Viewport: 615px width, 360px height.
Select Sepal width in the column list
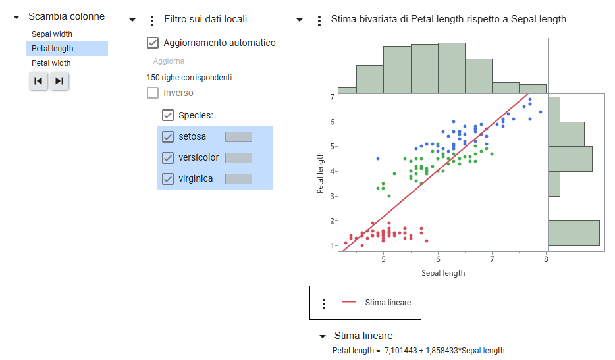point(52,34)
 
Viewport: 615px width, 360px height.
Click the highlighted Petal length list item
point(67,49)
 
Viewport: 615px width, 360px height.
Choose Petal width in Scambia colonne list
point(51,63)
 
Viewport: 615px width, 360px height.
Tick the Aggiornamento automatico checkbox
point(153,43)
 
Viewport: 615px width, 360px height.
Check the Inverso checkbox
point(153,93)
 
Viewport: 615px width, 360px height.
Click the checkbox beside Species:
point(168,115)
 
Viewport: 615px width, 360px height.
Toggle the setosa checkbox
point(168,136)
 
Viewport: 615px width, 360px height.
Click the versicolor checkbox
point(168,158)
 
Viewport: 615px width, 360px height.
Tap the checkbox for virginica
point(168,179)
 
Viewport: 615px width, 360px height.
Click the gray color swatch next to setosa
point(238,137)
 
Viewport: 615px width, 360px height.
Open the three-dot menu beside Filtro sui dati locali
point(152,21)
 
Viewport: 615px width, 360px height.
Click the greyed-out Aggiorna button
point(169,61)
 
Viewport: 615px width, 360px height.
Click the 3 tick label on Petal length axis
point(333,196)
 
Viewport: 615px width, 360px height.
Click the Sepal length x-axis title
point(443,273)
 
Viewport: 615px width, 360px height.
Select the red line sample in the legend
point(349,302)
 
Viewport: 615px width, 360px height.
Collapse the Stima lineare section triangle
point(323,336)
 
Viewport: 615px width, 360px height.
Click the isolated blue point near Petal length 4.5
point(378,159)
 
